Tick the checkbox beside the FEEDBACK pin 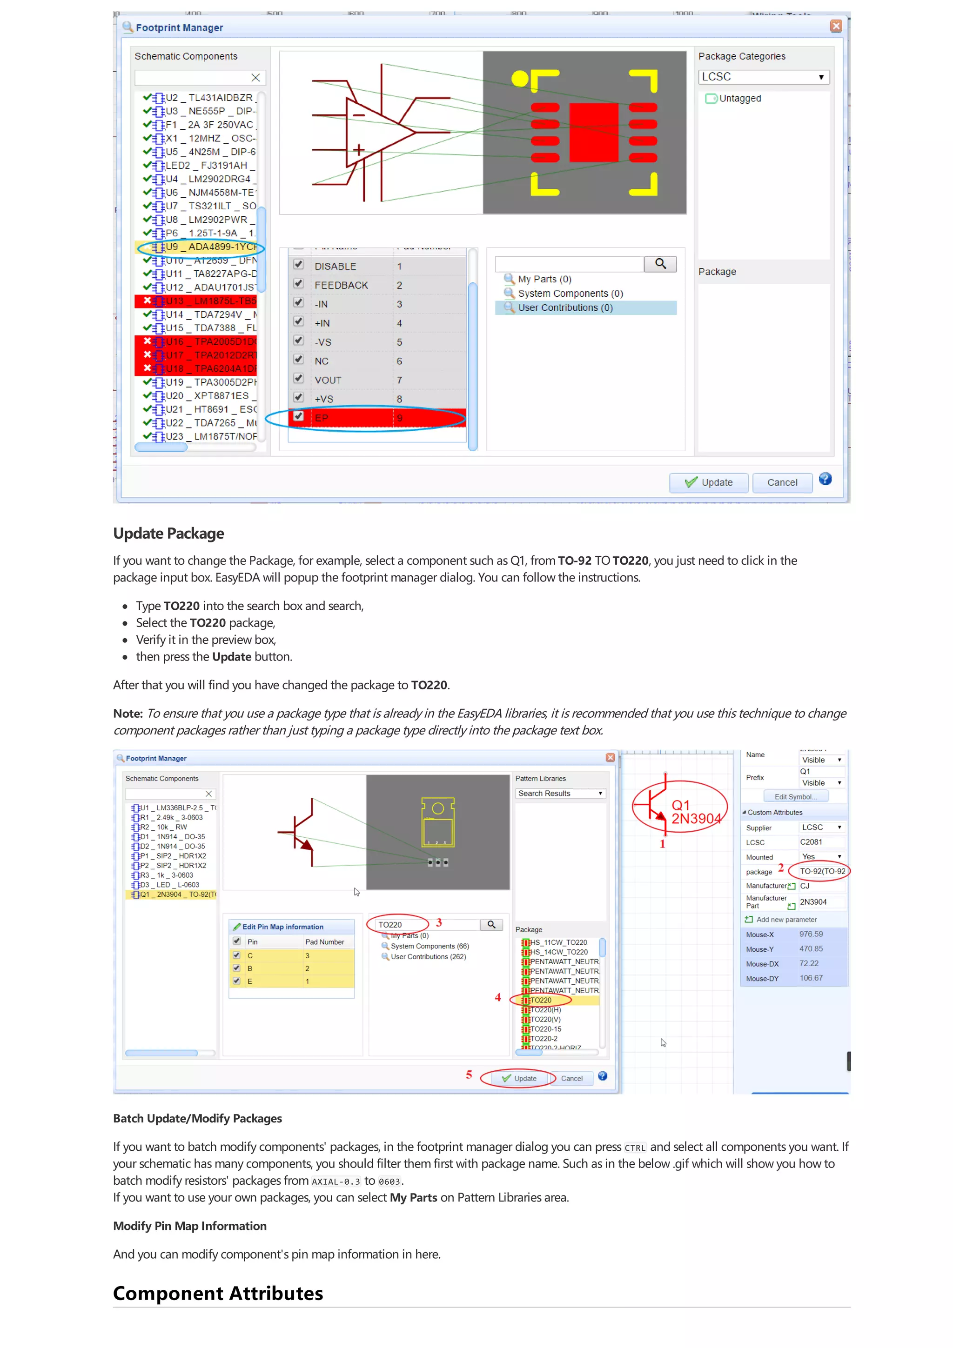click(x=298, y=284)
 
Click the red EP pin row click(x=376, y=417)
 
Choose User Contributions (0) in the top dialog click(x=564, y=307)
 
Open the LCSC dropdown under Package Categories click(x=763, y=77)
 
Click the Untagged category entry click(x=739, y=99)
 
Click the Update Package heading click(x=168, y=533)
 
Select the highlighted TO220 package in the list click(x=541, y=1000)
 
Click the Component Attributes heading click(x=218, y=1294)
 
